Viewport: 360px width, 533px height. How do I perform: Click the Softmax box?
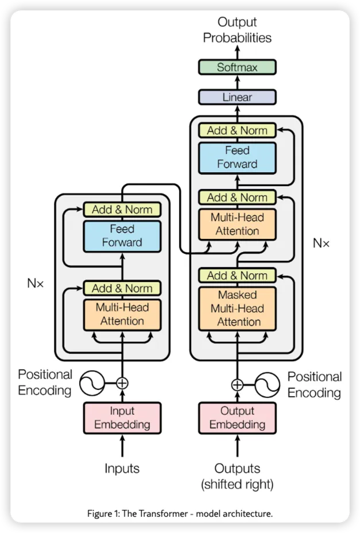click(237, 67)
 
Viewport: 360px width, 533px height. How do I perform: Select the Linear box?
click(237, 97)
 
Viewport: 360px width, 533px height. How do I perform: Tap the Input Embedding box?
click(122, 418)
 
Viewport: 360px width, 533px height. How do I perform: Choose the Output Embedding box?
click(237, 418)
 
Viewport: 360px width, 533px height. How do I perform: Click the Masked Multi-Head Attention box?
click(237, 308)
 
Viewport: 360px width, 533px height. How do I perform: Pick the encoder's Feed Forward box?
click(122, 236)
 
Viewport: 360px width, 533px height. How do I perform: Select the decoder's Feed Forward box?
click(237, 158)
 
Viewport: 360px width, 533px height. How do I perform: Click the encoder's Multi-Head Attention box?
click(122, 315)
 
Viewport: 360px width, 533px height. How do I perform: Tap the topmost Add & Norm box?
click(237, 130)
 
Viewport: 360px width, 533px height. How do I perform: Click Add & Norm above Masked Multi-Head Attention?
click(237, 275)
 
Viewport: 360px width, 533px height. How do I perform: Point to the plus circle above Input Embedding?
click(122, 383)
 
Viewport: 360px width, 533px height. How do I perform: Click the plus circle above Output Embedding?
click(237, 385)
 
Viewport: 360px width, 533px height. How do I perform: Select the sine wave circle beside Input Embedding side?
click(92, 383)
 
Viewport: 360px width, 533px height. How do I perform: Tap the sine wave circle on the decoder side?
click(267, 385)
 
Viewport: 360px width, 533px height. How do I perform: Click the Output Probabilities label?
click(237, 30)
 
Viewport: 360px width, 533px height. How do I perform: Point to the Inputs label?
click(122, 469)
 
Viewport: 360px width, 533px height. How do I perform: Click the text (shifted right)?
click(237, 484)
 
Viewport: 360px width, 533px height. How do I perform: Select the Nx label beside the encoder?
click(36, 283)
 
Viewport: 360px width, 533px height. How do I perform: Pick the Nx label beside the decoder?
click(322, 243)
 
